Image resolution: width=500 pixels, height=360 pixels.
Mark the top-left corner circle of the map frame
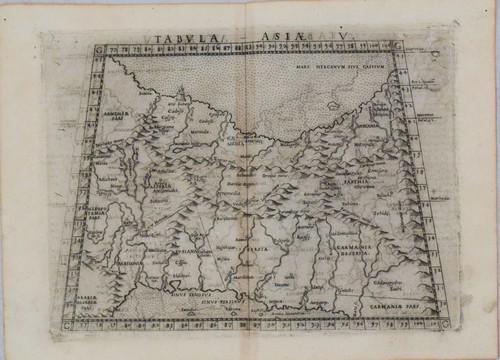point(96,48)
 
